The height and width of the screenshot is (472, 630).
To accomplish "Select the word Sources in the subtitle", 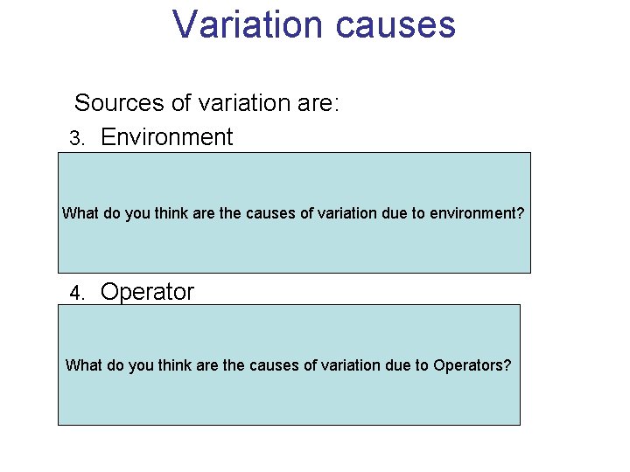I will [119, 103].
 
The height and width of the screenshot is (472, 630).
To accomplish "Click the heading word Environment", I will [166, 137].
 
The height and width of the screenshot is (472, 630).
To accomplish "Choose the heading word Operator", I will [147, 292].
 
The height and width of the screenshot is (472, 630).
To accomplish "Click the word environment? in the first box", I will [477, 212].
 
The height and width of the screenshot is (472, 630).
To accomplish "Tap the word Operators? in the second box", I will [472, 365].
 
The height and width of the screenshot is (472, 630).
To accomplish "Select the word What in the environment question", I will [80, 212].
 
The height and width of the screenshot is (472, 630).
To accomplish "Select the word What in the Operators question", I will [84, 365].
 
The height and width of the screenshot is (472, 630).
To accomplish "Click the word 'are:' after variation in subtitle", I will [318, 103].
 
